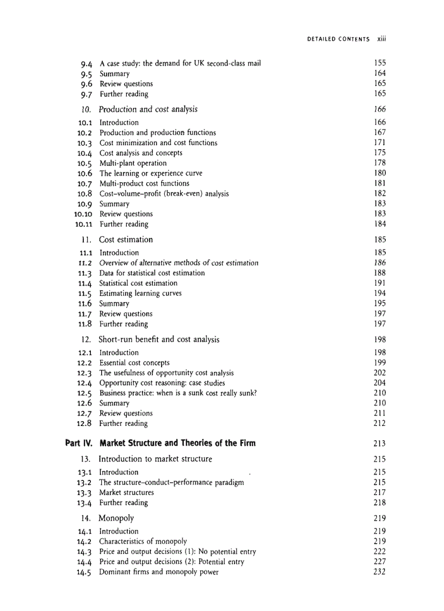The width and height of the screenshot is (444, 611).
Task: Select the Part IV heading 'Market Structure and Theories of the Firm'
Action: pos(177,443)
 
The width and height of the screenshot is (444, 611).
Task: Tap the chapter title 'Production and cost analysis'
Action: pos(148,109)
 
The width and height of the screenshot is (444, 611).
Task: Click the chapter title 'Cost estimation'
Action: pos(126,239)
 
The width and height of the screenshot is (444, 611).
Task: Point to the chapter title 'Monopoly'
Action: pos(116,518)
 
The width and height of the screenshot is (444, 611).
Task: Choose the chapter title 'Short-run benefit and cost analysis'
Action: pos(159,340)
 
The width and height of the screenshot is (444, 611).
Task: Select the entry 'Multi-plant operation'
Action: pos(133,163)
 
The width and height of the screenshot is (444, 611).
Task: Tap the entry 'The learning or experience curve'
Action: pos(151,173)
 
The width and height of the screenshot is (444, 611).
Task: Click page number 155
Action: pos(380,63)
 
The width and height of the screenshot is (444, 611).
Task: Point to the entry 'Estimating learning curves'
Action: pos(140,293)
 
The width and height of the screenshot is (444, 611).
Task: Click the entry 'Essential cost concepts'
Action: pos(134,362)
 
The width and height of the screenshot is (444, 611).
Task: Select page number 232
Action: pos(380,572)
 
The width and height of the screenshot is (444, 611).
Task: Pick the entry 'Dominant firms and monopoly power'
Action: pos(158,572)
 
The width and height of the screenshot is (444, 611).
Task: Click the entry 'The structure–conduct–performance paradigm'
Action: pos(171,482)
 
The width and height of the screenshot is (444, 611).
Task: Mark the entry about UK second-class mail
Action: pos(180,63)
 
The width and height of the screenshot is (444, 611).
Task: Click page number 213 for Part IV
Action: pos(380,443)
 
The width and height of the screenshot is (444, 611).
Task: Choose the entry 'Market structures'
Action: pos(126,492)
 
